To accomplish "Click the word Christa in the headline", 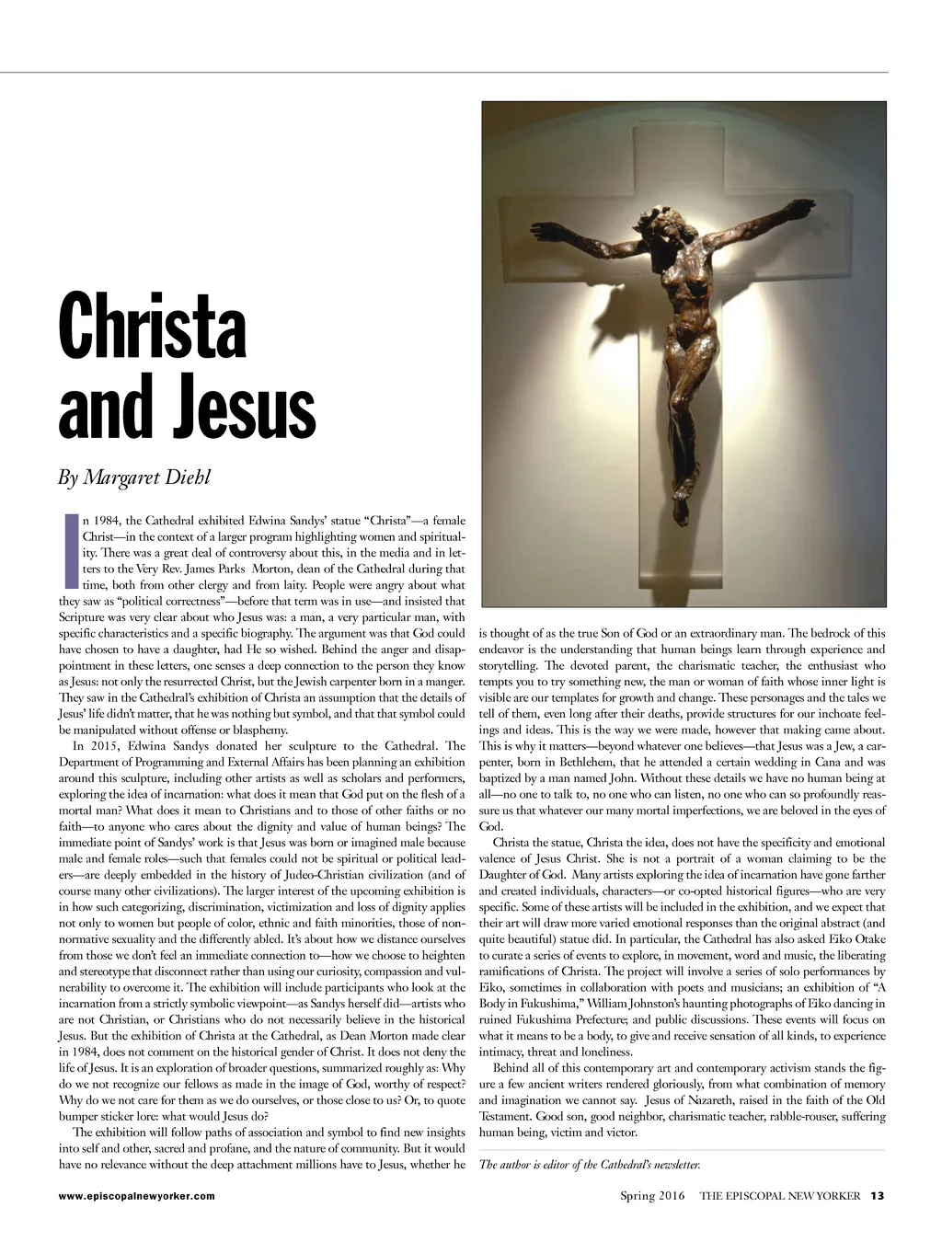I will pos(153,328).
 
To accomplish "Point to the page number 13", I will pos(877,1196).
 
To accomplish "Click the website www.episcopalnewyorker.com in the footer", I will pos(136,1196).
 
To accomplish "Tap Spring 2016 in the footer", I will pos(651,1196).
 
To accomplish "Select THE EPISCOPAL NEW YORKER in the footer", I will pos(779,1196).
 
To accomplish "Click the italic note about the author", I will pos(590,1165).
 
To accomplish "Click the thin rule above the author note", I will pos(682,1150).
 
